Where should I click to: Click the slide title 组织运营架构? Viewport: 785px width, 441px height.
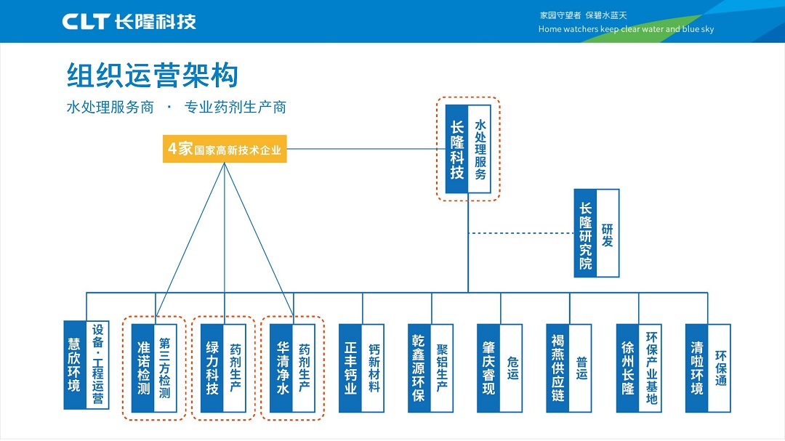152,76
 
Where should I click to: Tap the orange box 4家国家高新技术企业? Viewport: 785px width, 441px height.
225,149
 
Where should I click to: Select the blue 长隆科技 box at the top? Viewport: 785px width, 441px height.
456,149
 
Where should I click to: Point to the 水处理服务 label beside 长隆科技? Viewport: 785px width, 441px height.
480,149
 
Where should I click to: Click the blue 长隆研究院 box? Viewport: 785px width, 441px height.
585,233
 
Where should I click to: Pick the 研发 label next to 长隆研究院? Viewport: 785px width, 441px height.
608,233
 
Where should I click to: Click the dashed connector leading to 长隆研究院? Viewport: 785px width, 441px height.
521,233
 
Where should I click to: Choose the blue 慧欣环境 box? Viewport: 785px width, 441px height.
75,365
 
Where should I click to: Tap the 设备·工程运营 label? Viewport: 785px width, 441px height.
97,365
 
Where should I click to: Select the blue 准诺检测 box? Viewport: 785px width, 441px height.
143,368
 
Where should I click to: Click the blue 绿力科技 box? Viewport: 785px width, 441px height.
212,368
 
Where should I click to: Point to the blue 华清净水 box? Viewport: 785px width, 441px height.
281,368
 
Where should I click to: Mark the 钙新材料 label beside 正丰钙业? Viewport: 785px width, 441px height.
373,368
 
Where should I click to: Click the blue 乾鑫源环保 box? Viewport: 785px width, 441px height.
419,368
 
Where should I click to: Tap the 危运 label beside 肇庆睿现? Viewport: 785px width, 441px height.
511,368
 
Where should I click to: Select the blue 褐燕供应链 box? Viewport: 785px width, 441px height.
557,368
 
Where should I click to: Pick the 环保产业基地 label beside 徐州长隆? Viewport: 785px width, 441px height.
650,368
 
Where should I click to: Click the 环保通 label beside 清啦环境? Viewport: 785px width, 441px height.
719,368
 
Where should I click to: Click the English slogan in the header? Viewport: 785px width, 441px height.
626,29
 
